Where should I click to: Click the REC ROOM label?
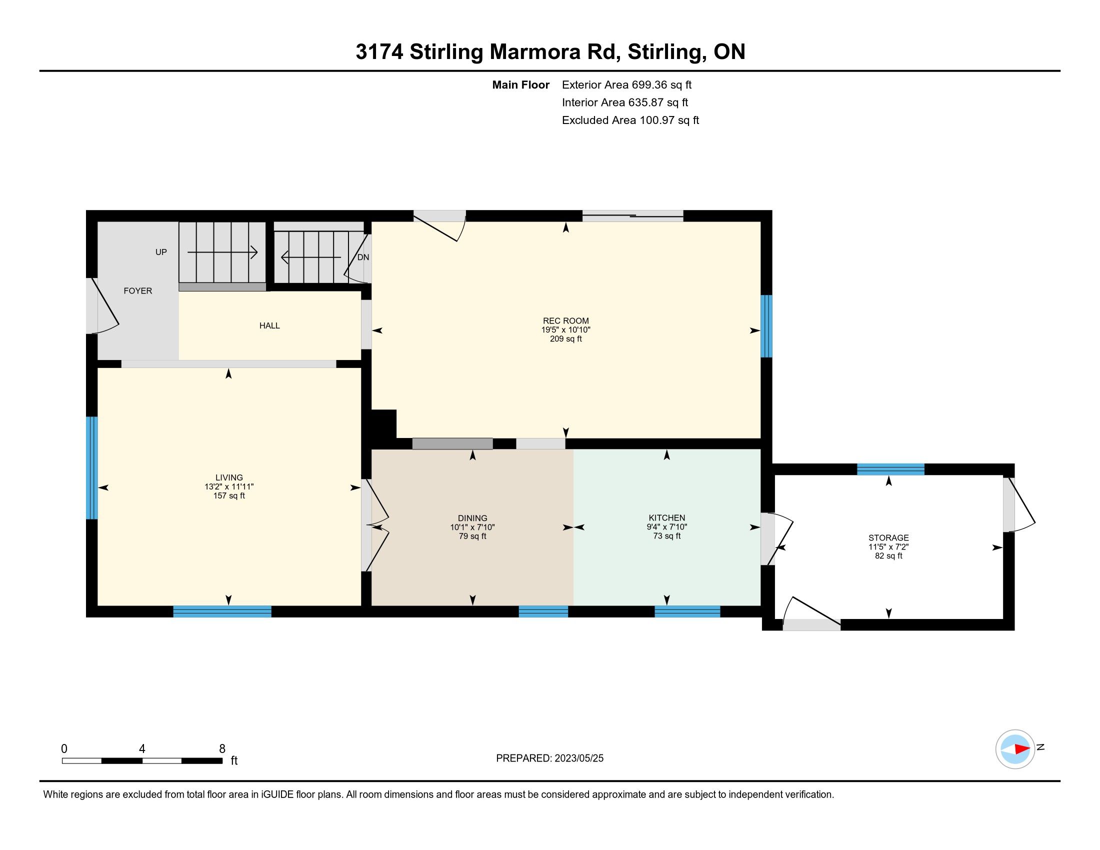[x=565, y=321]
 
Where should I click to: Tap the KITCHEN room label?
[x=667, y=517]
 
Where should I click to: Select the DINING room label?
[x=472, y=518]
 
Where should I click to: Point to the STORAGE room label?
[x=888, y=538]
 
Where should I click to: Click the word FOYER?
[x=138, y=290]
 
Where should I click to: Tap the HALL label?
[x=269, y=325]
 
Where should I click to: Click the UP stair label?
[x=161, y=252]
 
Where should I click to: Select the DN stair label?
[x=363, y=257]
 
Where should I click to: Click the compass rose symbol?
[x=1015, y=749]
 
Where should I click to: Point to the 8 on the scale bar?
[x=222, y=748]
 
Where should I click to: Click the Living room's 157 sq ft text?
[x=229, y=495]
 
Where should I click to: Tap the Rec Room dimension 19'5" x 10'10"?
[x=565, y=330]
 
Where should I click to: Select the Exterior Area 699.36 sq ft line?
[x=626, y=84]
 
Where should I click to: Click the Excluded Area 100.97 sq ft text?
[x=630, y=120]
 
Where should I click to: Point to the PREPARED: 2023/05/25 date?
[x=549, y=758]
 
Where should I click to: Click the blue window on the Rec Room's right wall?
[x=766, y=326]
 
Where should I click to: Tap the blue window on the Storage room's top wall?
[x=890, y=469]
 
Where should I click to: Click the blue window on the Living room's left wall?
[x=91, y=468]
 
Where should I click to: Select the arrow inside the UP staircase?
[x=222, y=252]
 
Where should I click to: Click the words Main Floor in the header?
[x=521, y=84]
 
